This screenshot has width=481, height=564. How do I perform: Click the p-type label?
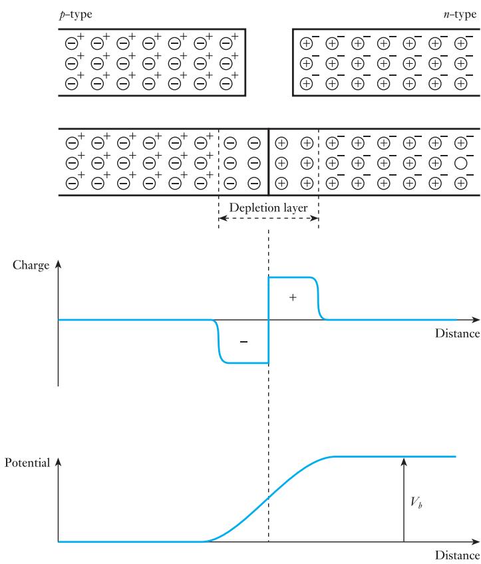76,15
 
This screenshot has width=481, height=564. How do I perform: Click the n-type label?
460,15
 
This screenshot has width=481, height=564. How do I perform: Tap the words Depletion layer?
268,208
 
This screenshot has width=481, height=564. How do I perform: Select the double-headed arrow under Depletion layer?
268,218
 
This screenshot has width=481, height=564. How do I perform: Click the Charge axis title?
31,265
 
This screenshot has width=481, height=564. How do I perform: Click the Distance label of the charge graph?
457,333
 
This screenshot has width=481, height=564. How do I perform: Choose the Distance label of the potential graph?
457,555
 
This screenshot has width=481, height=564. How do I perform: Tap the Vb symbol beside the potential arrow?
416,502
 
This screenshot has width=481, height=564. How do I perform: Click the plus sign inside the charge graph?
293,297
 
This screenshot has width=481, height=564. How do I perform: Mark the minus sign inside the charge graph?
243,341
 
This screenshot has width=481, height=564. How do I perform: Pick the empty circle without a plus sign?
461,164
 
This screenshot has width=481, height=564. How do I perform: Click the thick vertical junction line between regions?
268,162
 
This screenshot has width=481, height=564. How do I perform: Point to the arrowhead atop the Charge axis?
59,264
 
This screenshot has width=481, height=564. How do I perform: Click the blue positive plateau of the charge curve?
292,277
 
